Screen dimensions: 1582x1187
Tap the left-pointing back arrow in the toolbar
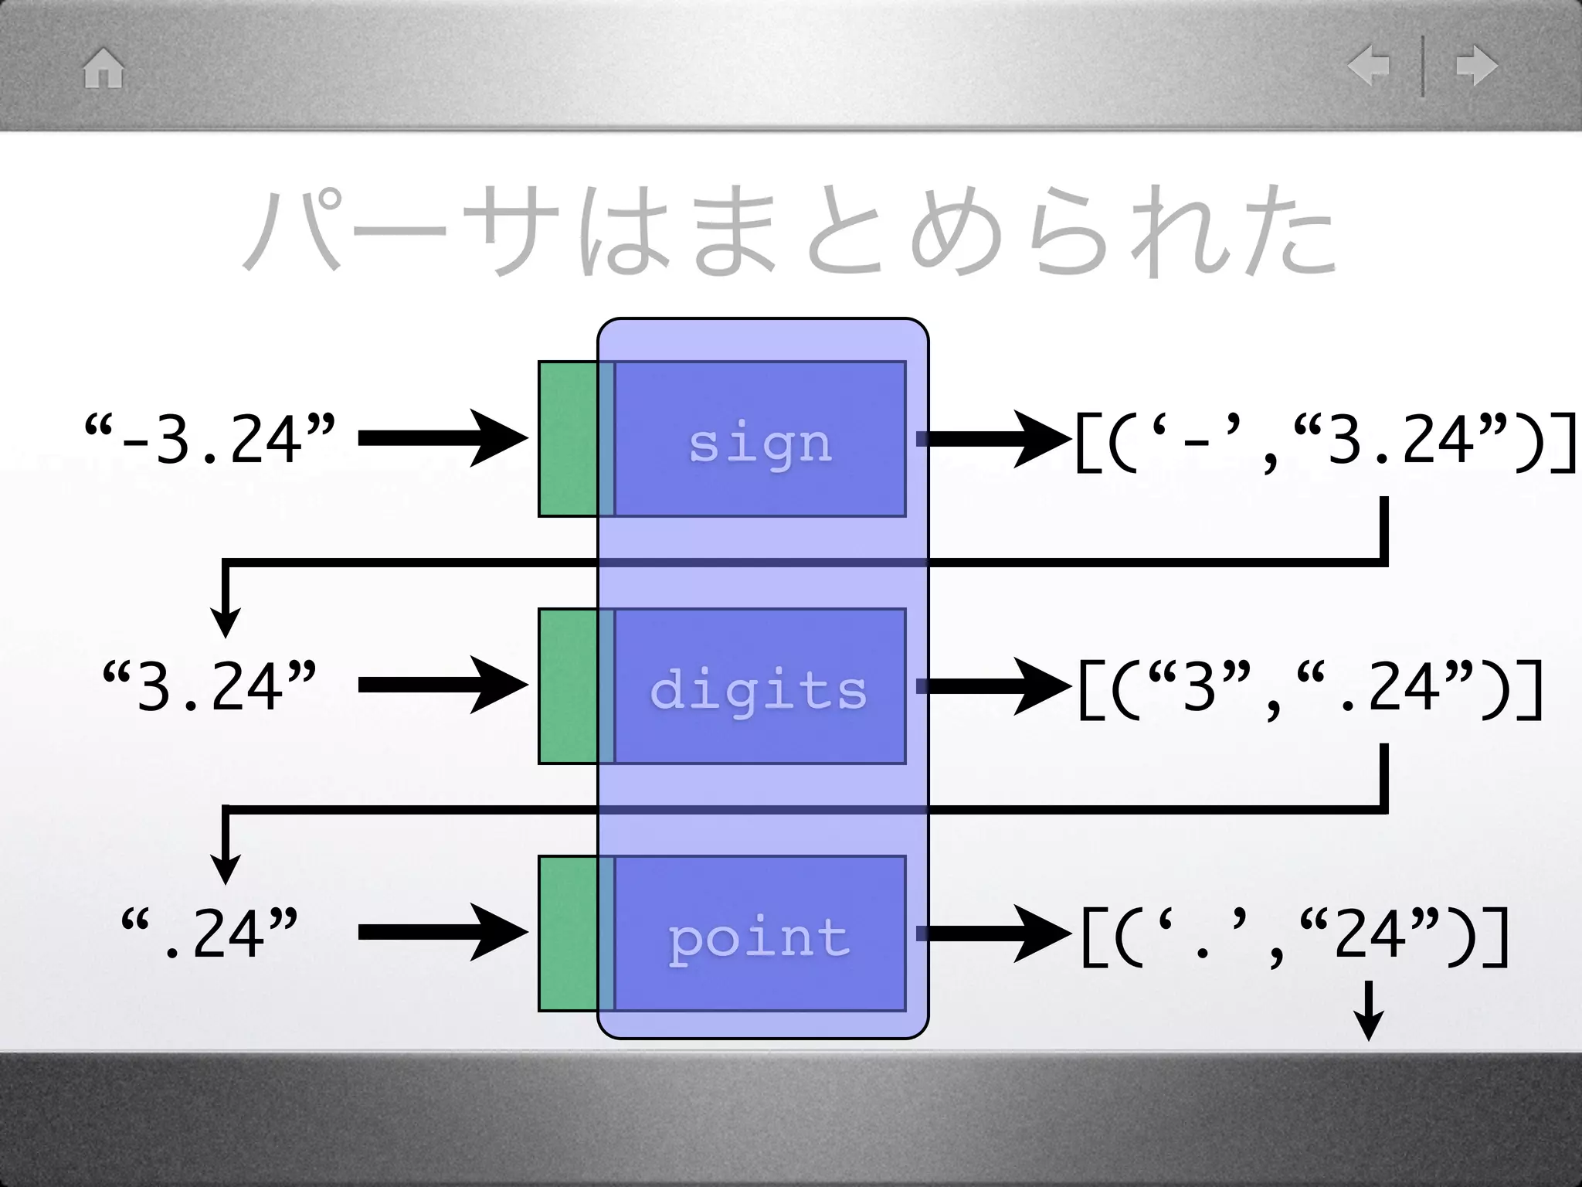click(1369, 66)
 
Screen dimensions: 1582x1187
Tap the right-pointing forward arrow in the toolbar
click(1476, 66)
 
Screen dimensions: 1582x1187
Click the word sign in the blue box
click(760, 444)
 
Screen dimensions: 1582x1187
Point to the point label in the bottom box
click(759, 937)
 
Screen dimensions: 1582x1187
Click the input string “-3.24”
click(210, 439)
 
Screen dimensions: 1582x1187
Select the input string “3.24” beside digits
click(210, 686)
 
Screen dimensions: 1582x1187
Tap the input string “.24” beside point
click(210, 934)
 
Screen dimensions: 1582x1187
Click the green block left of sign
click(569, 439)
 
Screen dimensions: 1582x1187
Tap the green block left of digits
click(569, 686)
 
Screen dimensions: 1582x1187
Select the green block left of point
click(569, 934)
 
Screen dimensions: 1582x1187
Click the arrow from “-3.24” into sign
click(442, 439)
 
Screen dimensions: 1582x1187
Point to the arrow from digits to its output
click(993, 686)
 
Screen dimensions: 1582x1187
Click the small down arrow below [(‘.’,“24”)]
click(1369, 1011)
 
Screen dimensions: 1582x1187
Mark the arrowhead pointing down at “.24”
click(225, 869)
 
